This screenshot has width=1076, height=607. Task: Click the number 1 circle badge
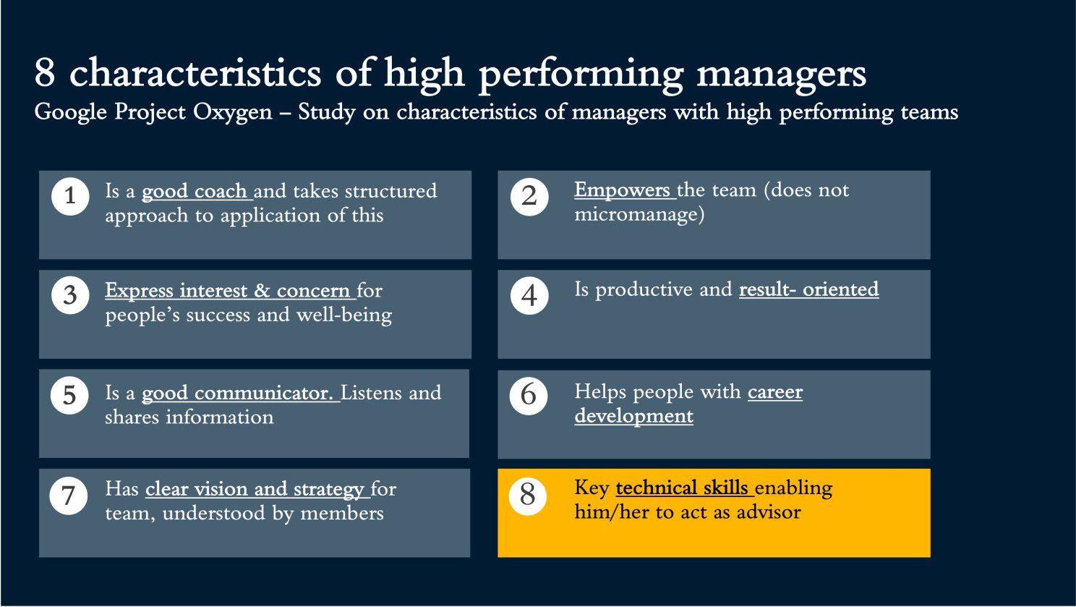70,196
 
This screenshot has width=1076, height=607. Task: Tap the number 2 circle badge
529,196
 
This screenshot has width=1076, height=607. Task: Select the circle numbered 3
70,295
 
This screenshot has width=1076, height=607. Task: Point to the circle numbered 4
529,295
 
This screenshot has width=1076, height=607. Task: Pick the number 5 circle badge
69,395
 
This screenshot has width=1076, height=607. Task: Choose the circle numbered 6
529,395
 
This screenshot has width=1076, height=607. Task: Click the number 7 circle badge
68,496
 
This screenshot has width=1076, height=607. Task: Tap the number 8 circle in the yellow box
527,496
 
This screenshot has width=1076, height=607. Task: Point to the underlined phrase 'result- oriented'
809,289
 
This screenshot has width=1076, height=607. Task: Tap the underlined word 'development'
633,416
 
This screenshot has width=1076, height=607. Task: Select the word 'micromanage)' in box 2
639,215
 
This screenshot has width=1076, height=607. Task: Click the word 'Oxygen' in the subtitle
233,113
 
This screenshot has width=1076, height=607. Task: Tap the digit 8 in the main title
45,72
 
